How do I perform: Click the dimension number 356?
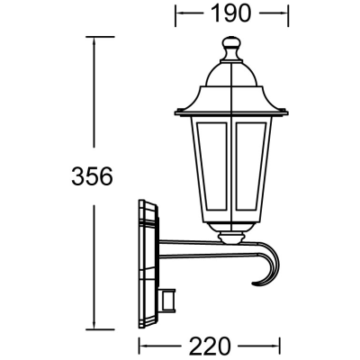92,176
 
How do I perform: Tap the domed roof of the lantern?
231,85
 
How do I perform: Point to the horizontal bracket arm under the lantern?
198,245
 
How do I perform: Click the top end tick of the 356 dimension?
93,37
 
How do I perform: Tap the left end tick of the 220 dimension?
138,345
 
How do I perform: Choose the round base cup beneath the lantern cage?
231,237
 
